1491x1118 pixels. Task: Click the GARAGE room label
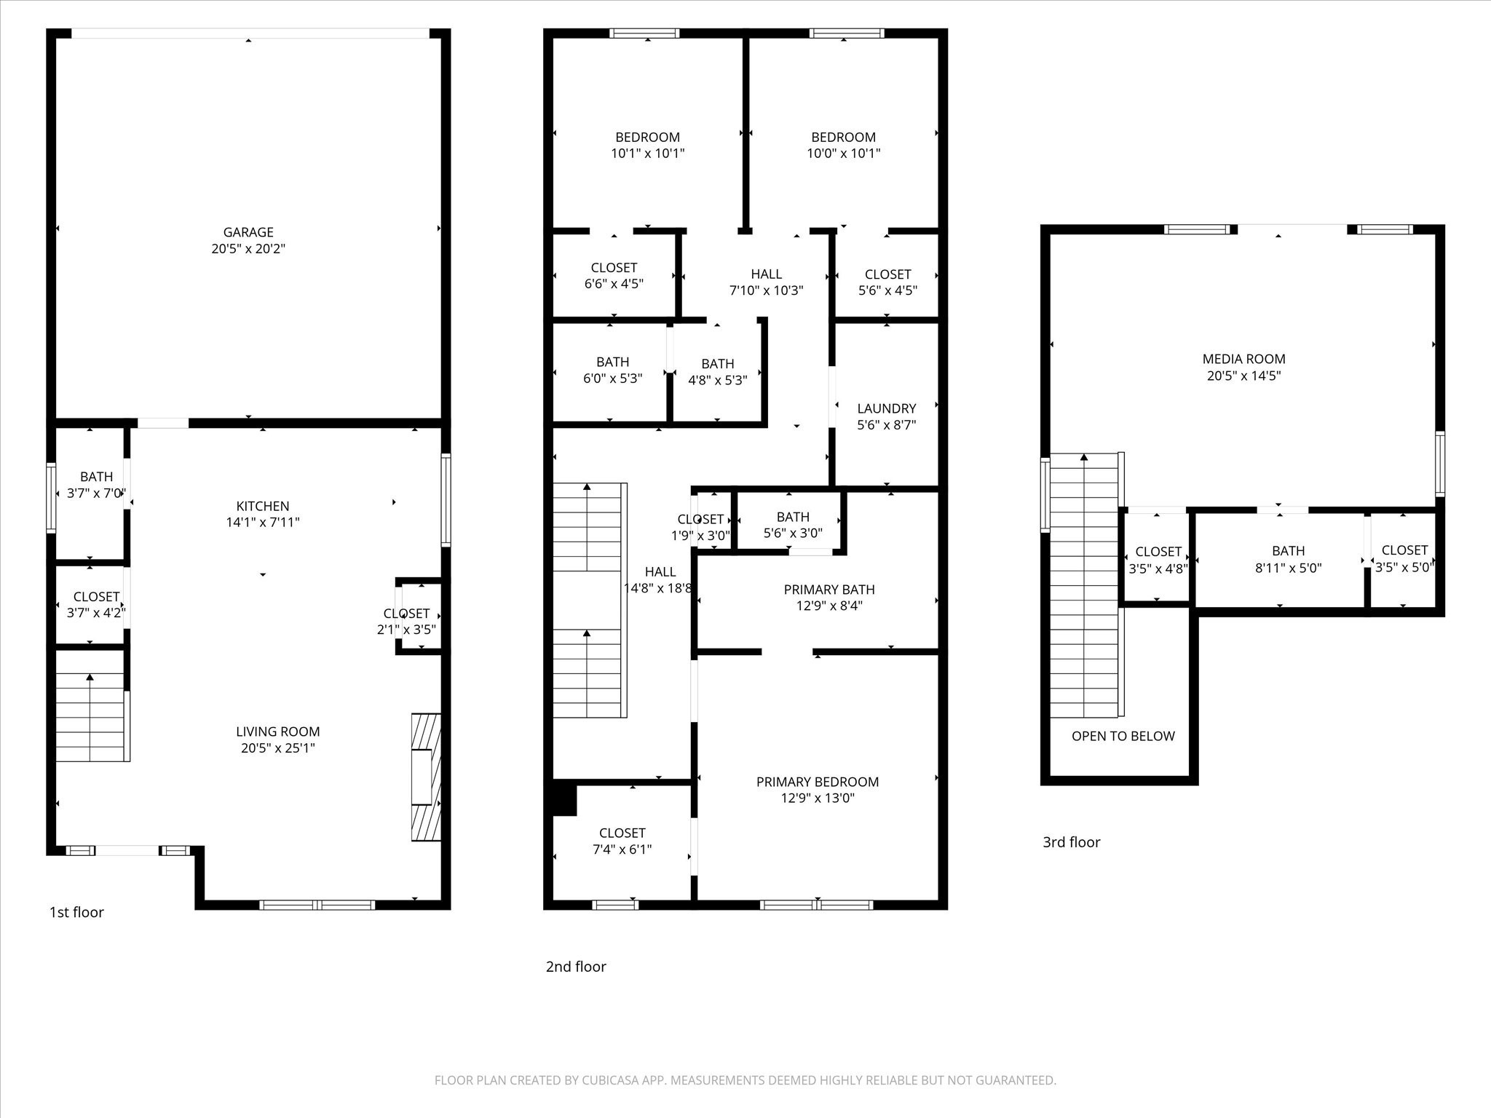[248, 232]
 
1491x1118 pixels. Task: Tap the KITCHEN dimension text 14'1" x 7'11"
[263, 523]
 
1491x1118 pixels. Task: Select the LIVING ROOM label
[277, 732]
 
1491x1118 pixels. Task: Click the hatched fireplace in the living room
[426, 777]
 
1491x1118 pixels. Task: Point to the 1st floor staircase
[90, 717]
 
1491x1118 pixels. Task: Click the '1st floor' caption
[76, 912]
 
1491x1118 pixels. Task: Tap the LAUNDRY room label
[886, 408]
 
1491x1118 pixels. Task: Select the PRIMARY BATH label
[828, 590]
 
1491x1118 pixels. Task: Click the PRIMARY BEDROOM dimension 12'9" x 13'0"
[817, 798]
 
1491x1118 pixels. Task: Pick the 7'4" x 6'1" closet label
[622, 841]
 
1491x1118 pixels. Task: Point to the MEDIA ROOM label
[1243, 359]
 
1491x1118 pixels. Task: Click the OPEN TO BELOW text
[1123, 736]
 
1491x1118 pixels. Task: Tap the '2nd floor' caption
[576, 967]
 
